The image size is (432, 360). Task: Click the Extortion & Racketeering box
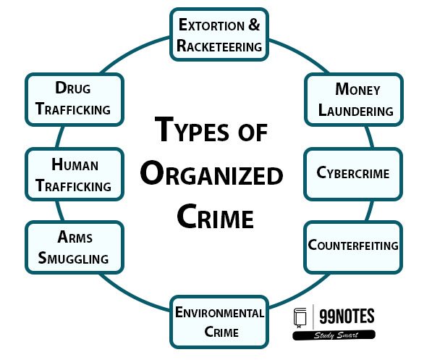click(x=219, y=35)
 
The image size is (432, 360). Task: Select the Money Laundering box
click(x=354, y=99)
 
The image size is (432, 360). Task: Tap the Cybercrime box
click(x=353, y=174)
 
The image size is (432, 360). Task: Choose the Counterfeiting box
click(x=353, y=247)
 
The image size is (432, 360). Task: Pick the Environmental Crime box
click(x=219, y=322)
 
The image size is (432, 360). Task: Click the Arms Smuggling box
click(x=75, y=247)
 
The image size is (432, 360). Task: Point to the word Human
click(x=75, y=164)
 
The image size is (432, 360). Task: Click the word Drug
click(x=73, y=88)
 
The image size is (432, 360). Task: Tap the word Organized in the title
click(x=211, y=173)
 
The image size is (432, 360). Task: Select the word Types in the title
click(x=192, y=129)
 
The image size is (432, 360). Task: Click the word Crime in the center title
click(x=215, y=216)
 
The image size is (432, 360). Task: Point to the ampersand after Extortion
click(x=254, y=25)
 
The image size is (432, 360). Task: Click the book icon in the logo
click(x=300, y=318)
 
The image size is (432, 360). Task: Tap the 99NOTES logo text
click(x=347, y=316)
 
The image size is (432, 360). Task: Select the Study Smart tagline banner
click(x=334, y=335)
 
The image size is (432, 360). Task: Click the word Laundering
click(x=356, y=110)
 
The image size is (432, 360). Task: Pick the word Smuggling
click(x=73, y=258)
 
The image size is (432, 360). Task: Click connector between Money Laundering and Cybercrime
click(x=370, y=137)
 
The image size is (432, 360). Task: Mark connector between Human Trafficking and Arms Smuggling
click(x=59, y=211)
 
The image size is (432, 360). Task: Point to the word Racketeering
click(x=219, y=46)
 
